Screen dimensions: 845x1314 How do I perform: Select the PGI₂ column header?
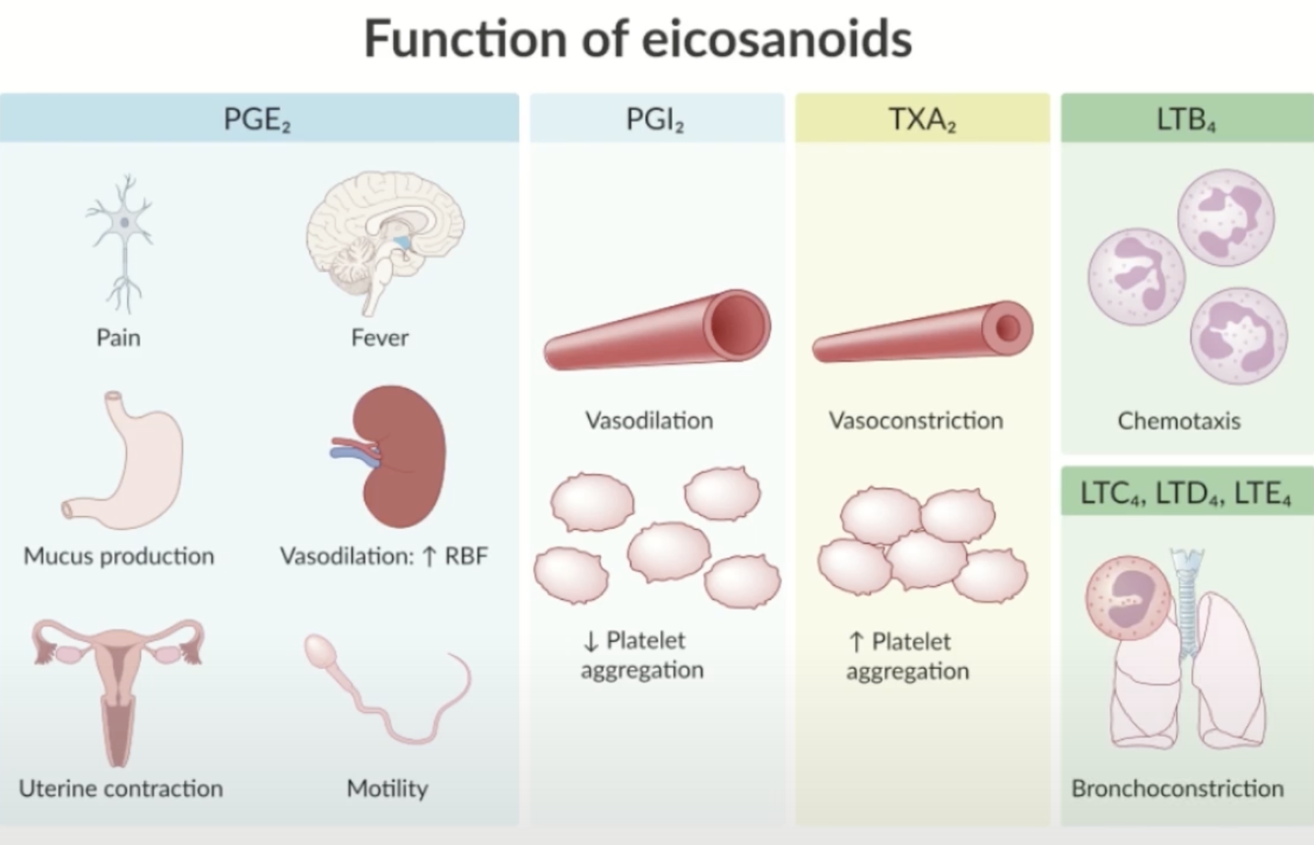click(656, 119)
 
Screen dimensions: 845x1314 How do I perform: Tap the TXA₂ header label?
click(922, 119)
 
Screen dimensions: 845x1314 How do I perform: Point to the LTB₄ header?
click(1187, 119)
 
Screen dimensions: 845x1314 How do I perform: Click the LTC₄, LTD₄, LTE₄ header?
click(1186, 491)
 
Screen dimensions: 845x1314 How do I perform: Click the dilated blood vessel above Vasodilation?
click(658, 330)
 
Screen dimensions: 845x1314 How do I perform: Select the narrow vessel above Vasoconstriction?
click(923, 332)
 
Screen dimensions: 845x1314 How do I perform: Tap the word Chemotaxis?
click(1179, 422)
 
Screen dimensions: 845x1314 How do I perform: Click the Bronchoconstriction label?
click(1177, 789)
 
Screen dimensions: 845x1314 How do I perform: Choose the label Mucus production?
click(118, 556)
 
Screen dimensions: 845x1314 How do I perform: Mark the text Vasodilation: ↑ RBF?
click(384, 556)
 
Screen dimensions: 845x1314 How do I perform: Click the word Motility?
click(387, 789)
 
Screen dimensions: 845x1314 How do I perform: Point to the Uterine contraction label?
click(120, 789)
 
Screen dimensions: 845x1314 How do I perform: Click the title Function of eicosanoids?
click(638, 39)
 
